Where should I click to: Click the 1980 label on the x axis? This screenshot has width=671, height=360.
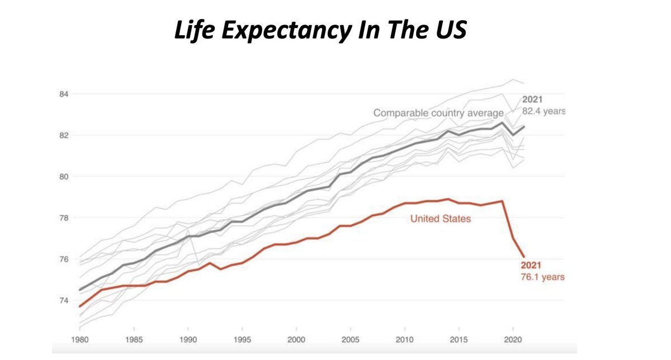click(x=81, y=340)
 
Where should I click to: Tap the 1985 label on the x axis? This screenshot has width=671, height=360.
click(x=134, y=340)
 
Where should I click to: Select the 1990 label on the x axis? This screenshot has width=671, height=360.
click(x=188, y=340)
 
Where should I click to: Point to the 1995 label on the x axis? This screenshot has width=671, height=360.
click(x=242, y=340)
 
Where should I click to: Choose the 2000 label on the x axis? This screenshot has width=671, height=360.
click(x=296, y=340)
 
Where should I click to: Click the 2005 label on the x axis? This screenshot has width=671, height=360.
click(x=350, y=340)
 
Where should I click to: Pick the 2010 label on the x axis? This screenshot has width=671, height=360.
click(x=404, y=340)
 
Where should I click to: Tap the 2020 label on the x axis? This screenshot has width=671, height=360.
click(x=512, y=340)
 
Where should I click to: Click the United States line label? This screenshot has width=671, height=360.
click(x=441, y=219)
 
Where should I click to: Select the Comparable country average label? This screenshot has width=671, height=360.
click(x=438, y=113)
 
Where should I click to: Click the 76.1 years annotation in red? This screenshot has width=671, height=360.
click(x=542, y=277)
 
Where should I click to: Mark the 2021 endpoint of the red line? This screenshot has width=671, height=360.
click(x=524, y=257)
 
